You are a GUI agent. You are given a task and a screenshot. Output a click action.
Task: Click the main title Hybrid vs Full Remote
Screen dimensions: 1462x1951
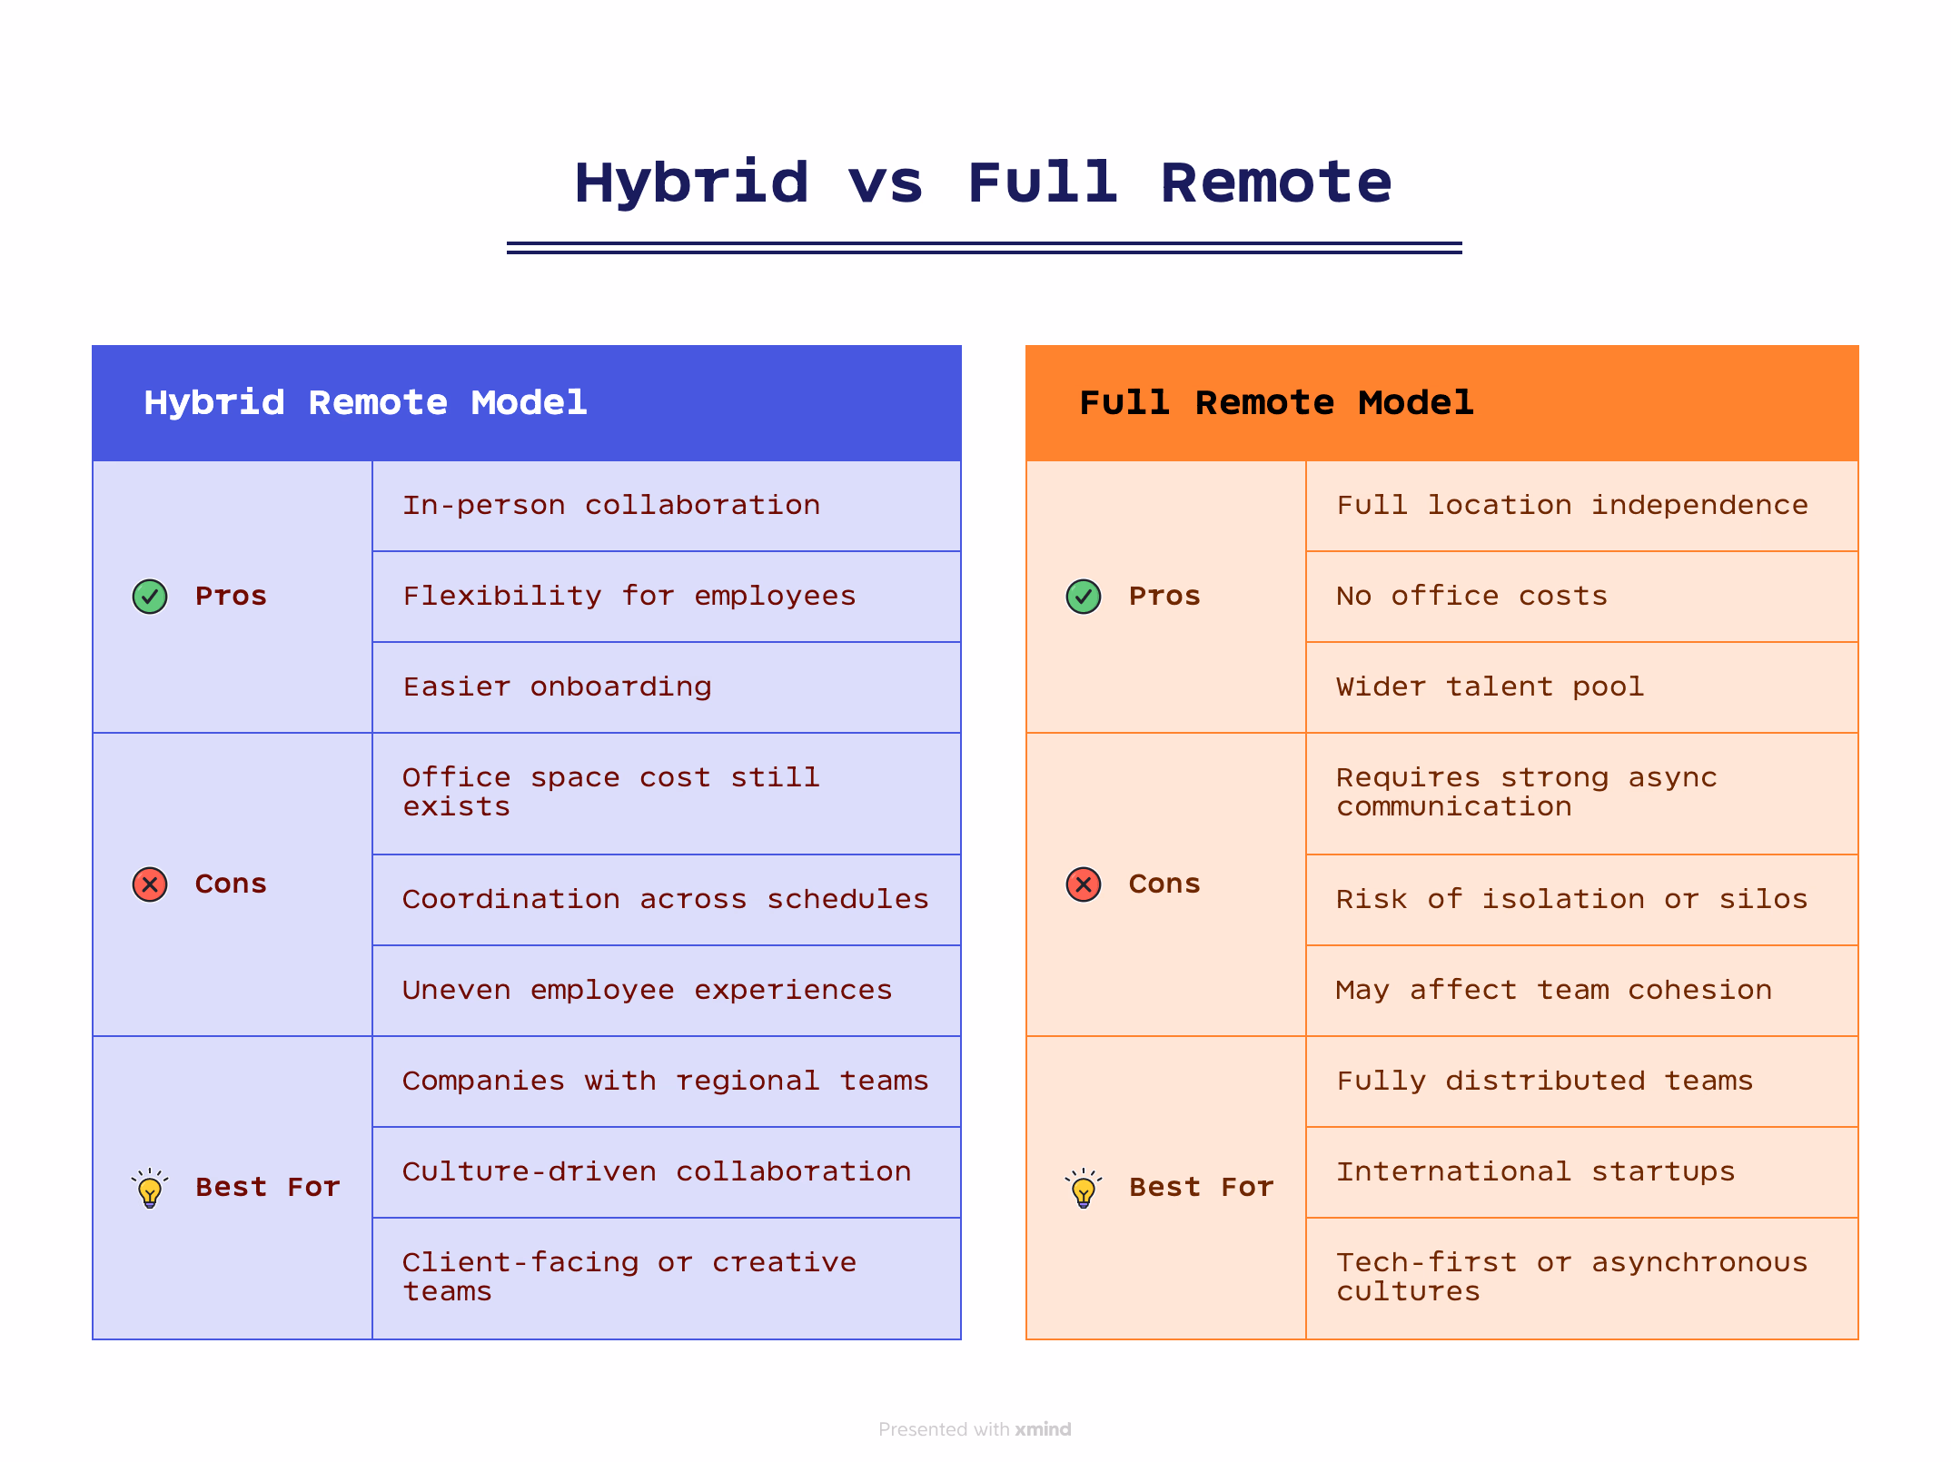click(983, 183)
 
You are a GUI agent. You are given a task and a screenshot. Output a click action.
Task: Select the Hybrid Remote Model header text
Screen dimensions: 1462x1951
click(365, 402)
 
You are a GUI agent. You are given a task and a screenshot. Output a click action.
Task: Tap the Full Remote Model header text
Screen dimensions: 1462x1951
click(1275, 402)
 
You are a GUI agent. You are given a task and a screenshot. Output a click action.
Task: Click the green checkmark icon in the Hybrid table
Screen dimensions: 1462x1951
click(150, 597)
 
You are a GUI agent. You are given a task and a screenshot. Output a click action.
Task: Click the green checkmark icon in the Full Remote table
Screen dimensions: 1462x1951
click(1083, 597)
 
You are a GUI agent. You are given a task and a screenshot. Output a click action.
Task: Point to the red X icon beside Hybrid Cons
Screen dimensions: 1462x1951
click(150, 884)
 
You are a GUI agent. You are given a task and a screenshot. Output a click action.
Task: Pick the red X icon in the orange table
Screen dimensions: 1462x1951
click(1083, 884)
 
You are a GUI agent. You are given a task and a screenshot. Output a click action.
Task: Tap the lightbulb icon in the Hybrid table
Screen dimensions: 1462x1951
click(150, 1188)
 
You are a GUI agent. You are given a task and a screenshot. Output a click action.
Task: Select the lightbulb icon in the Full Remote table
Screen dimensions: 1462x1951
click(1083, 1188)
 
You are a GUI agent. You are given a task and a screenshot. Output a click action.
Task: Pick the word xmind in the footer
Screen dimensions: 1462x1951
click(1043, 1429)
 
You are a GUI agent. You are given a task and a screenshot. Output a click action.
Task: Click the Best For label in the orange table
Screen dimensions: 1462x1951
click(1201, 1188)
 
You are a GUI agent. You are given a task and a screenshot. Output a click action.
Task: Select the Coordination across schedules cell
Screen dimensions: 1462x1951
click(665, 899)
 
